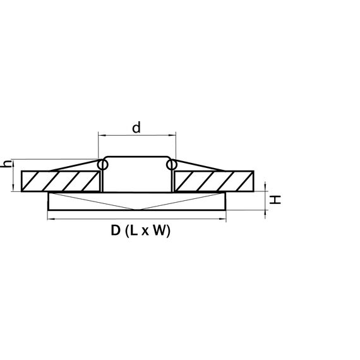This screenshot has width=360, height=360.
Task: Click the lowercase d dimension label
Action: (136, 128)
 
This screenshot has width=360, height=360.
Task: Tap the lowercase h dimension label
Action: (6, 164)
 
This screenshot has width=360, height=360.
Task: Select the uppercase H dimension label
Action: (275, 200)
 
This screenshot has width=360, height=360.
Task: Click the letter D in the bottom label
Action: (116, 231)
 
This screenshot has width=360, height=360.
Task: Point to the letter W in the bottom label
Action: (160, 231)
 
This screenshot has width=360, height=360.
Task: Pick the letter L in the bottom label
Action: (134, 231)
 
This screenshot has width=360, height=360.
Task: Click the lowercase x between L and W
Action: (145, 232)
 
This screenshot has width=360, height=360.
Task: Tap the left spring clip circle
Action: (102, 165)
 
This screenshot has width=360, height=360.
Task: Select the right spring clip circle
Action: (171, 165)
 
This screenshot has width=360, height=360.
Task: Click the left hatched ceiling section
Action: (61, 181)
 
